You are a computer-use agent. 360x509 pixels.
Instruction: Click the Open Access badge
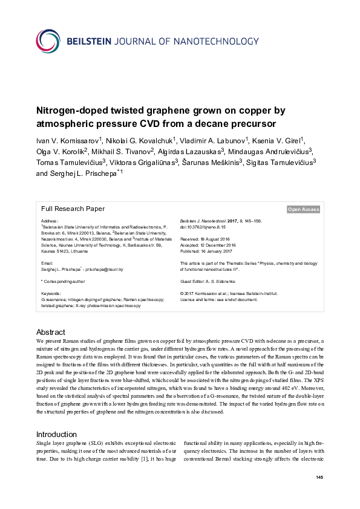pyautogui.click(x=303, y=209)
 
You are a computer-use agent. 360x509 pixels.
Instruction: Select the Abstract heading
pyautogui.click(x=51, y=332)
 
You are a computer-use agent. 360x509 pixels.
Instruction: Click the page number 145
pyautogui.click(x=319, y=478)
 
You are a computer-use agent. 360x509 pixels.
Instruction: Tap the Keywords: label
pyautogui.click(x=51, y=293)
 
